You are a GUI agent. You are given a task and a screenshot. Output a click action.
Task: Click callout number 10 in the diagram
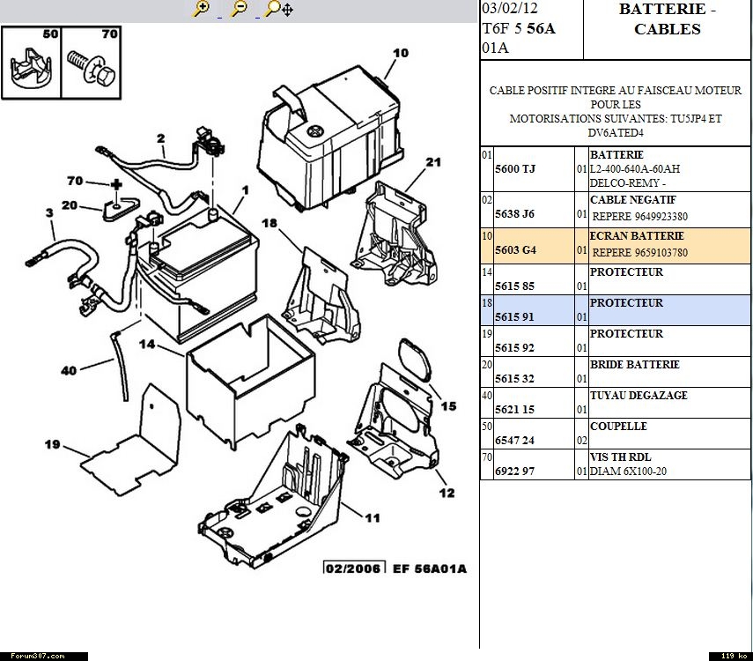pyautogui.click(x=401, y=53)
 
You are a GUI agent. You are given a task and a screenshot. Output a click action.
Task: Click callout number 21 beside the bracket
pyautogui.click(x=432, y=162)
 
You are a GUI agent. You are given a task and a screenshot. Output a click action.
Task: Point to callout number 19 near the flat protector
pyautogui.click(x=52, y=444)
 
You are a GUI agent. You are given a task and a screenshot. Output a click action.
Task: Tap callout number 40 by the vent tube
pyautogui.click(x=69, y=371)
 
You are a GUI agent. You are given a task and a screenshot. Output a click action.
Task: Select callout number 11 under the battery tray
pyautogui.click(x=373, y=518)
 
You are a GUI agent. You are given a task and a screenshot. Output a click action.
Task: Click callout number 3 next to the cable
pyautogui.click(x=50, y=212)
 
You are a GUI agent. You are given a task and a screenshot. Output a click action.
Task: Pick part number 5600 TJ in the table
pyautogui.click(x=515, y=168)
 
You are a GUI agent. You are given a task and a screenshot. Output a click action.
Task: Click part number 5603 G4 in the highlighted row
pyautogui.click(x=516, y=250)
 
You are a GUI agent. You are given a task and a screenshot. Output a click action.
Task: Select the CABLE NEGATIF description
pyautogui.click(x=620, y=200)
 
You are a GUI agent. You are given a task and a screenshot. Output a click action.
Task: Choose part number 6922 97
pyautogui.click(x=515, y=472)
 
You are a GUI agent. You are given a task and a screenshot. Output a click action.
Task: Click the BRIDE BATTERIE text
pyautogui.click(x=634, y=365)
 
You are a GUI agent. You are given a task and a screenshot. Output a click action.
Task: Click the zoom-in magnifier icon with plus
pyautogui.click(x=202, y=9)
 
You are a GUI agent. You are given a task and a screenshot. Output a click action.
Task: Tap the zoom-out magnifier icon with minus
pyautogui.click(x=238, y=9)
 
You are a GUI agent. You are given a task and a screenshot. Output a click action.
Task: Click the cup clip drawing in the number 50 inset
pyautogui.click(x=31, y=68)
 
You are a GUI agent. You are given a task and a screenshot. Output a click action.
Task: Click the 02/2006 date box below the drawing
pyautogui.click(x=353, y=568)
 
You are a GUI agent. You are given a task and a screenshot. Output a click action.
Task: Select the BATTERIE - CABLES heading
pyautogui.click(x=667, y=19)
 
